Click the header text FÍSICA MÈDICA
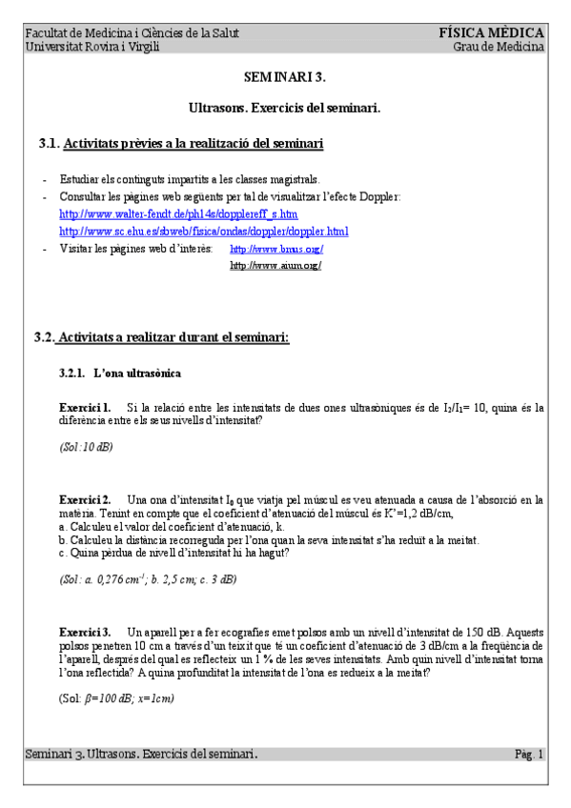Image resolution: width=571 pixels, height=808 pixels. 491,32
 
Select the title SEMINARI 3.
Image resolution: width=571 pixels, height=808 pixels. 285,74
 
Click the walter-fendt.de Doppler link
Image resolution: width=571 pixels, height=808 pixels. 178,214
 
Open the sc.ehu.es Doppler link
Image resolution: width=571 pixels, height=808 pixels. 203,231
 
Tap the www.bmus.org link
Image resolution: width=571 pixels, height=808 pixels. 276,249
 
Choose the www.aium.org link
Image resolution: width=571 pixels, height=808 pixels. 275,265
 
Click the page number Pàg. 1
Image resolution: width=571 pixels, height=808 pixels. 529,755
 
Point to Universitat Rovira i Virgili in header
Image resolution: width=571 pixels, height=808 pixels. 92,47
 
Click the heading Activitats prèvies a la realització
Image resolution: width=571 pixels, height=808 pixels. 192,144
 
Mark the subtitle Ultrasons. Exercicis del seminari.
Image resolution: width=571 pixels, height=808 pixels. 285,109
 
